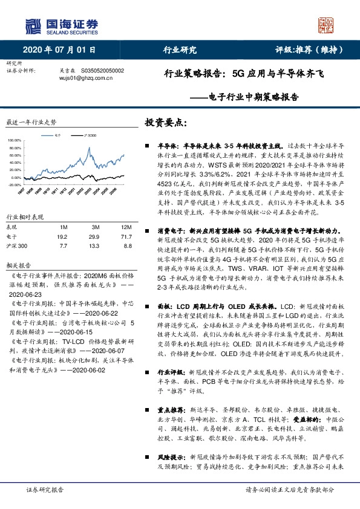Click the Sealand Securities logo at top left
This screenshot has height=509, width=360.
pos(61,26)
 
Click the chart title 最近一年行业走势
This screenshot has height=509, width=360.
pos(30,122)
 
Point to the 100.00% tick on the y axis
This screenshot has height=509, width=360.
pos(14,140)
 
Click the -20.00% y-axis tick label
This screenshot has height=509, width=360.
pos(14,185)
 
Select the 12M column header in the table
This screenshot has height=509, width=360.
pos(117,225)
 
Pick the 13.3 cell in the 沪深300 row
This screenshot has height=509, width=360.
pos(93,246)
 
